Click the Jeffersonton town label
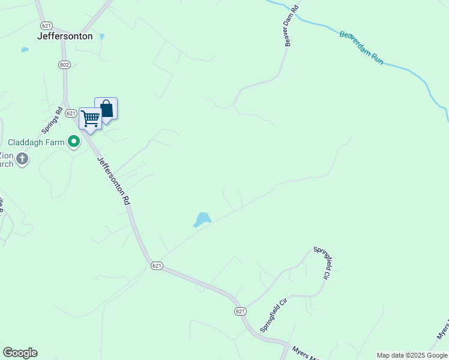[65, 36]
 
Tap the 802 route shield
[65, 64]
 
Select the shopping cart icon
[90, 118]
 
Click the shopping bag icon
[106, 109]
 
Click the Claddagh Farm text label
[36, 142]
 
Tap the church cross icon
[22, 159]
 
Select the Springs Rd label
[52, 121]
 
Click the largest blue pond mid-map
[202, 220]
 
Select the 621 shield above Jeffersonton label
[46, 25]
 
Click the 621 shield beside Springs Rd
[70, 113]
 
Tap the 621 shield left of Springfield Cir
[240, 311]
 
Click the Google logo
[20, 353]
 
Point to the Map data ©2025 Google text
[412, 355]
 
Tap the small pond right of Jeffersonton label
[101, 37]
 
